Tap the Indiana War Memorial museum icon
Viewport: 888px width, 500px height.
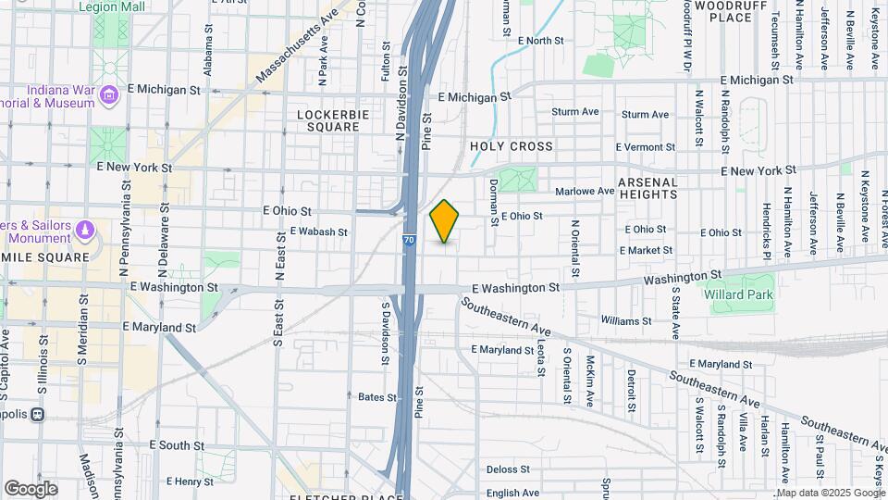(x=109, y=94)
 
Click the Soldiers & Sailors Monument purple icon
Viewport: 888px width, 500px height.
(x=85, y=229)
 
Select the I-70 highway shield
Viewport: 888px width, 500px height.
(x=409, y=240)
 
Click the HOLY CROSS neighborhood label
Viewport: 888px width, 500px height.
(x=511, y=146)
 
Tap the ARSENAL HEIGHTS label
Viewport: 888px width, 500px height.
(x=647, y=188)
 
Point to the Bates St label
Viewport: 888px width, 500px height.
(x=377, y=397)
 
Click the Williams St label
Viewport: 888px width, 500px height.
(x=625, y=321)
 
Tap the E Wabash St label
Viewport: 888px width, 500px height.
(x=318, y=232)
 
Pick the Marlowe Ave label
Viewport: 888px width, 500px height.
(x=585, y=192)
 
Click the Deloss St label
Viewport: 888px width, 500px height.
(x=507, y=469)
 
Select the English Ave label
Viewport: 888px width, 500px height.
(x=512, y=493)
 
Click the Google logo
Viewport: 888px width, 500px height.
(x=31, y=489)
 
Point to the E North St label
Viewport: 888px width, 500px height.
(x=541, y=41)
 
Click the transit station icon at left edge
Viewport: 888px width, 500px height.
(x=39, y=414)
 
